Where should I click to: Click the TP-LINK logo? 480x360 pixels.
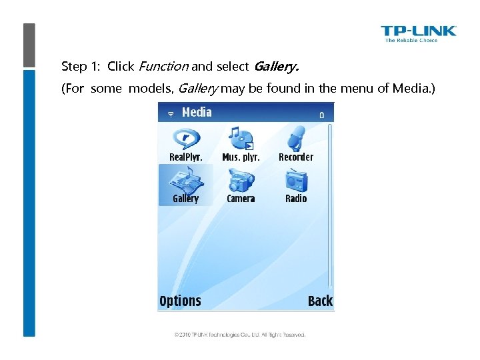pyautogui.click(x=418, y=31)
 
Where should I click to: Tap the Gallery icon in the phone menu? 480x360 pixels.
pyautogui.click(x=185, y=180)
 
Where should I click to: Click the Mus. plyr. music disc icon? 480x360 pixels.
pyautogui.click(x=241, y=138)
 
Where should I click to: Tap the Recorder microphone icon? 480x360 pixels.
pyautogui.click(x=296, y=138)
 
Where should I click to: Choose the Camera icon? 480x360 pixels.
pyautogui.click(x=241, y=179)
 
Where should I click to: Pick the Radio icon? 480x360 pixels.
pyautogui.click(x=296, y=179)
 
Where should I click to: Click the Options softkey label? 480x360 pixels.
pyautogui.click(x=180, y=301)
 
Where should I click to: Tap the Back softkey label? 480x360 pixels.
pyautogui.click(x=320, y=301)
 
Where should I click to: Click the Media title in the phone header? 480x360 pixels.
pyautogui.click(x=197, y=113)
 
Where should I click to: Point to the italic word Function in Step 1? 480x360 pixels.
pyautogui.click(x=163, y=67)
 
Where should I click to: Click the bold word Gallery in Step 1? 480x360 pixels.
pyautogui.click(x=276, y=67)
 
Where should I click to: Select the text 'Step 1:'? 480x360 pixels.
pyautogui.click(x=81, y=67)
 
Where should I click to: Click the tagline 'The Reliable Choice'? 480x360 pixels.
pyautogui.click(x=411, y=40)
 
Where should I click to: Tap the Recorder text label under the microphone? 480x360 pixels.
pyautogui.click(x=296, y=157)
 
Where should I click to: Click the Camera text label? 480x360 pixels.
pyautogui.click(x=241, y=199)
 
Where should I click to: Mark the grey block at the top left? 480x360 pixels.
pyautogui.click(x=29, y=45)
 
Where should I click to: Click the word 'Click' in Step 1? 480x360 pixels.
pyautogui.click(x=121, y=67)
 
